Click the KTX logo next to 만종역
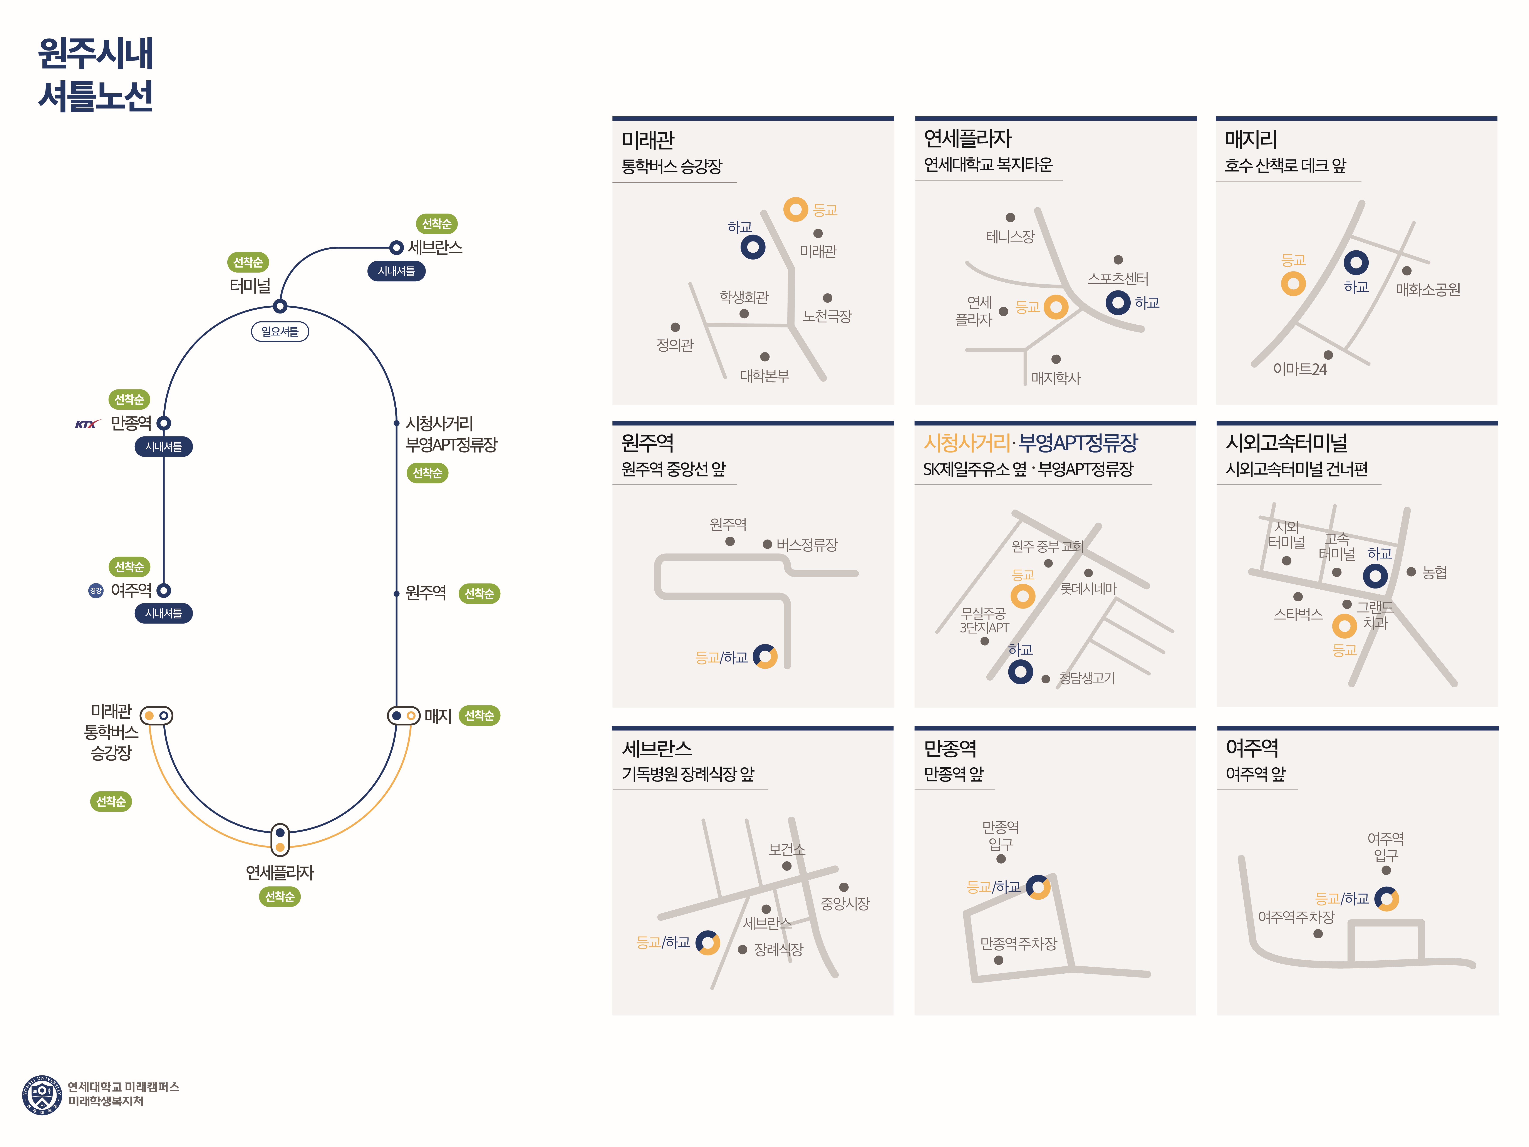[x=86, y=424]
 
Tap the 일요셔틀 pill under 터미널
[x=280, y=332]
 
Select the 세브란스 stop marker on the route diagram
[x=396, y=248]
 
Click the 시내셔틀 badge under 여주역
[x=164, y=613]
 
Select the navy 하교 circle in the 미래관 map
[x=753, y=247]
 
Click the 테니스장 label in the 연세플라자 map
[x=1010, y=236]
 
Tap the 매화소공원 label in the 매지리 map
[x=1428, y=290]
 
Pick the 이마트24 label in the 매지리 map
[x=1300, y=369]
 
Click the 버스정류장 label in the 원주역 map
[x=807, y=545]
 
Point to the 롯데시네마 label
[x=1089, y=588]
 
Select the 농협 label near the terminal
[x=1435, y=572]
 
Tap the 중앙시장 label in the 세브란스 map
[x=845, y=904]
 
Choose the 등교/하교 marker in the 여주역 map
[x=1386, y=899]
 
